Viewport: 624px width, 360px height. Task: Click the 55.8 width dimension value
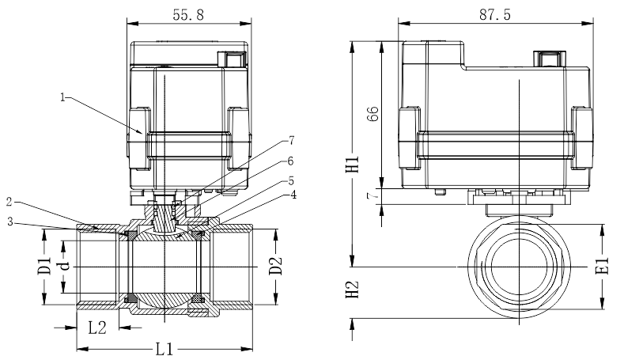(x=188, y=15)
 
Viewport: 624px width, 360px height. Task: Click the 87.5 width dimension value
(x=494, y=15)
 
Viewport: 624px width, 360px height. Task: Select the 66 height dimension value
(x=373, y=114)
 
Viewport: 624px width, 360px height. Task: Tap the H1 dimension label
(x=352, y=164)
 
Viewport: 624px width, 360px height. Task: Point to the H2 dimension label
(x=352, y=290)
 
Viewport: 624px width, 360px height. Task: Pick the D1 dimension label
(x=44, y=266)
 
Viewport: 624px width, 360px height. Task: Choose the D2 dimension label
(x=275, y=266)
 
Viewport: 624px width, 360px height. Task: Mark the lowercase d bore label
(x=64, y=266)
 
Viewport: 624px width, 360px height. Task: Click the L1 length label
(x=165, y=349)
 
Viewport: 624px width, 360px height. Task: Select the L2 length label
(x=97, y=328)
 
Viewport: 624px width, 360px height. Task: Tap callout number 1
(x=63, y=97)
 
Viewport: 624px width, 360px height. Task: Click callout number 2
(x=10, y=202)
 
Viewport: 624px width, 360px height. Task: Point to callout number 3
(x=10, y=222)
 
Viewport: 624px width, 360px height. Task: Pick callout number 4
(x=293, y=195)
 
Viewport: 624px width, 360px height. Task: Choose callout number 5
(x=291, y=181)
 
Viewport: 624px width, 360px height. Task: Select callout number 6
(x=290, y=161)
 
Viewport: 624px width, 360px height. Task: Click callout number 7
(x=291, y=141)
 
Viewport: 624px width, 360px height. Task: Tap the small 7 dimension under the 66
(x=372, y=196)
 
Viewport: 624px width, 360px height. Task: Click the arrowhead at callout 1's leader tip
(x=139, y=131)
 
